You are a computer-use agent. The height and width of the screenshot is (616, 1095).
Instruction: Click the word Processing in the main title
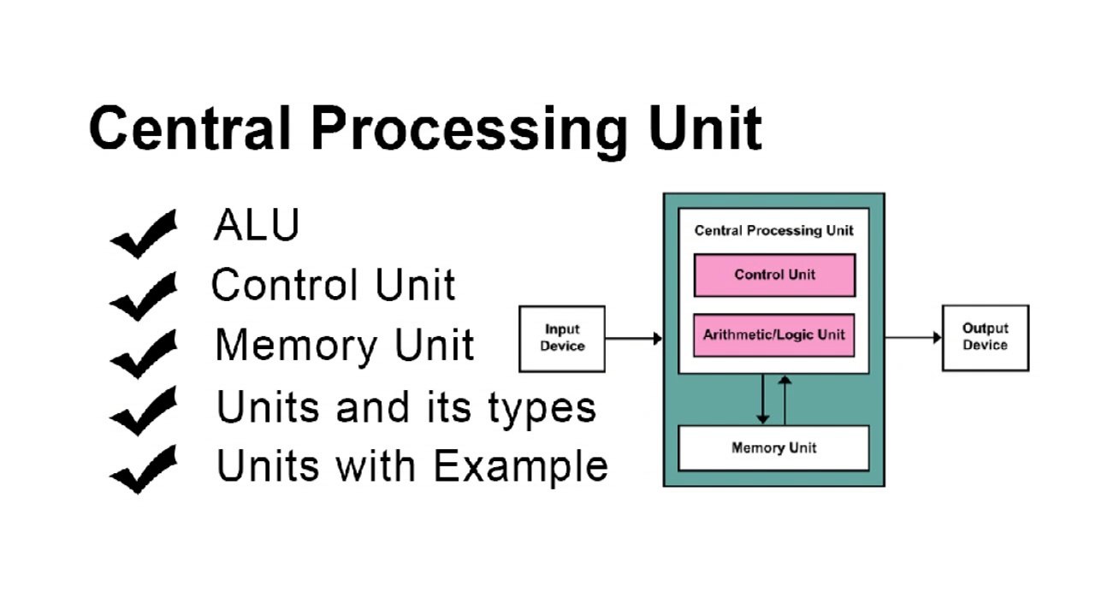[470, 129]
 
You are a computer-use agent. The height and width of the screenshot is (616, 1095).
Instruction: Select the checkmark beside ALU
[143, 234]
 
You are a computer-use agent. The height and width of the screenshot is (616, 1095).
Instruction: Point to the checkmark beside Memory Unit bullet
[143, 353]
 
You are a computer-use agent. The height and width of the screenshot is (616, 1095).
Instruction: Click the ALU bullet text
[257, 225]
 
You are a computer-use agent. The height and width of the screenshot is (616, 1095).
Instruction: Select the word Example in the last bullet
[520, 467]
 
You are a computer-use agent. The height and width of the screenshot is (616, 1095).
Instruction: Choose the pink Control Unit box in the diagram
[774, 275]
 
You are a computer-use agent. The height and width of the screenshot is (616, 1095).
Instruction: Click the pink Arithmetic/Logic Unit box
[773, 335]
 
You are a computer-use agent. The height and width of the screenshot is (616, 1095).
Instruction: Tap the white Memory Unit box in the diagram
[773, 448]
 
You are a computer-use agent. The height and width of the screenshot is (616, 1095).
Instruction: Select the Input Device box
[562, 339]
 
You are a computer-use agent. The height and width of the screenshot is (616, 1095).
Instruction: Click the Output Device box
[985, 338]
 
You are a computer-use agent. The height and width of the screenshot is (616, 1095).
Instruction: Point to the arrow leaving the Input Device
[634, 339]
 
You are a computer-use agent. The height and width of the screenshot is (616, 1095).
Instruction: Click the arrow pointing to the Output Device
[913, 338]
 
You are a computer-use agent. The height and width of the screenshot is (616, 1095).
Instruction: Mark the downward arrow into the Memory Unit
[763, 400]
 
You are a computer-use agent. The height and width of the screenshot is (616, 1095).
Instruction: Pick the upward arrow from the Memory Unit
[785, 400]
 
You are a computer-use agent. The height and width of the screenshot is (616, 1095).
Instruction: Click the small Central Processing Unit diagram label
[773, 230]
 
